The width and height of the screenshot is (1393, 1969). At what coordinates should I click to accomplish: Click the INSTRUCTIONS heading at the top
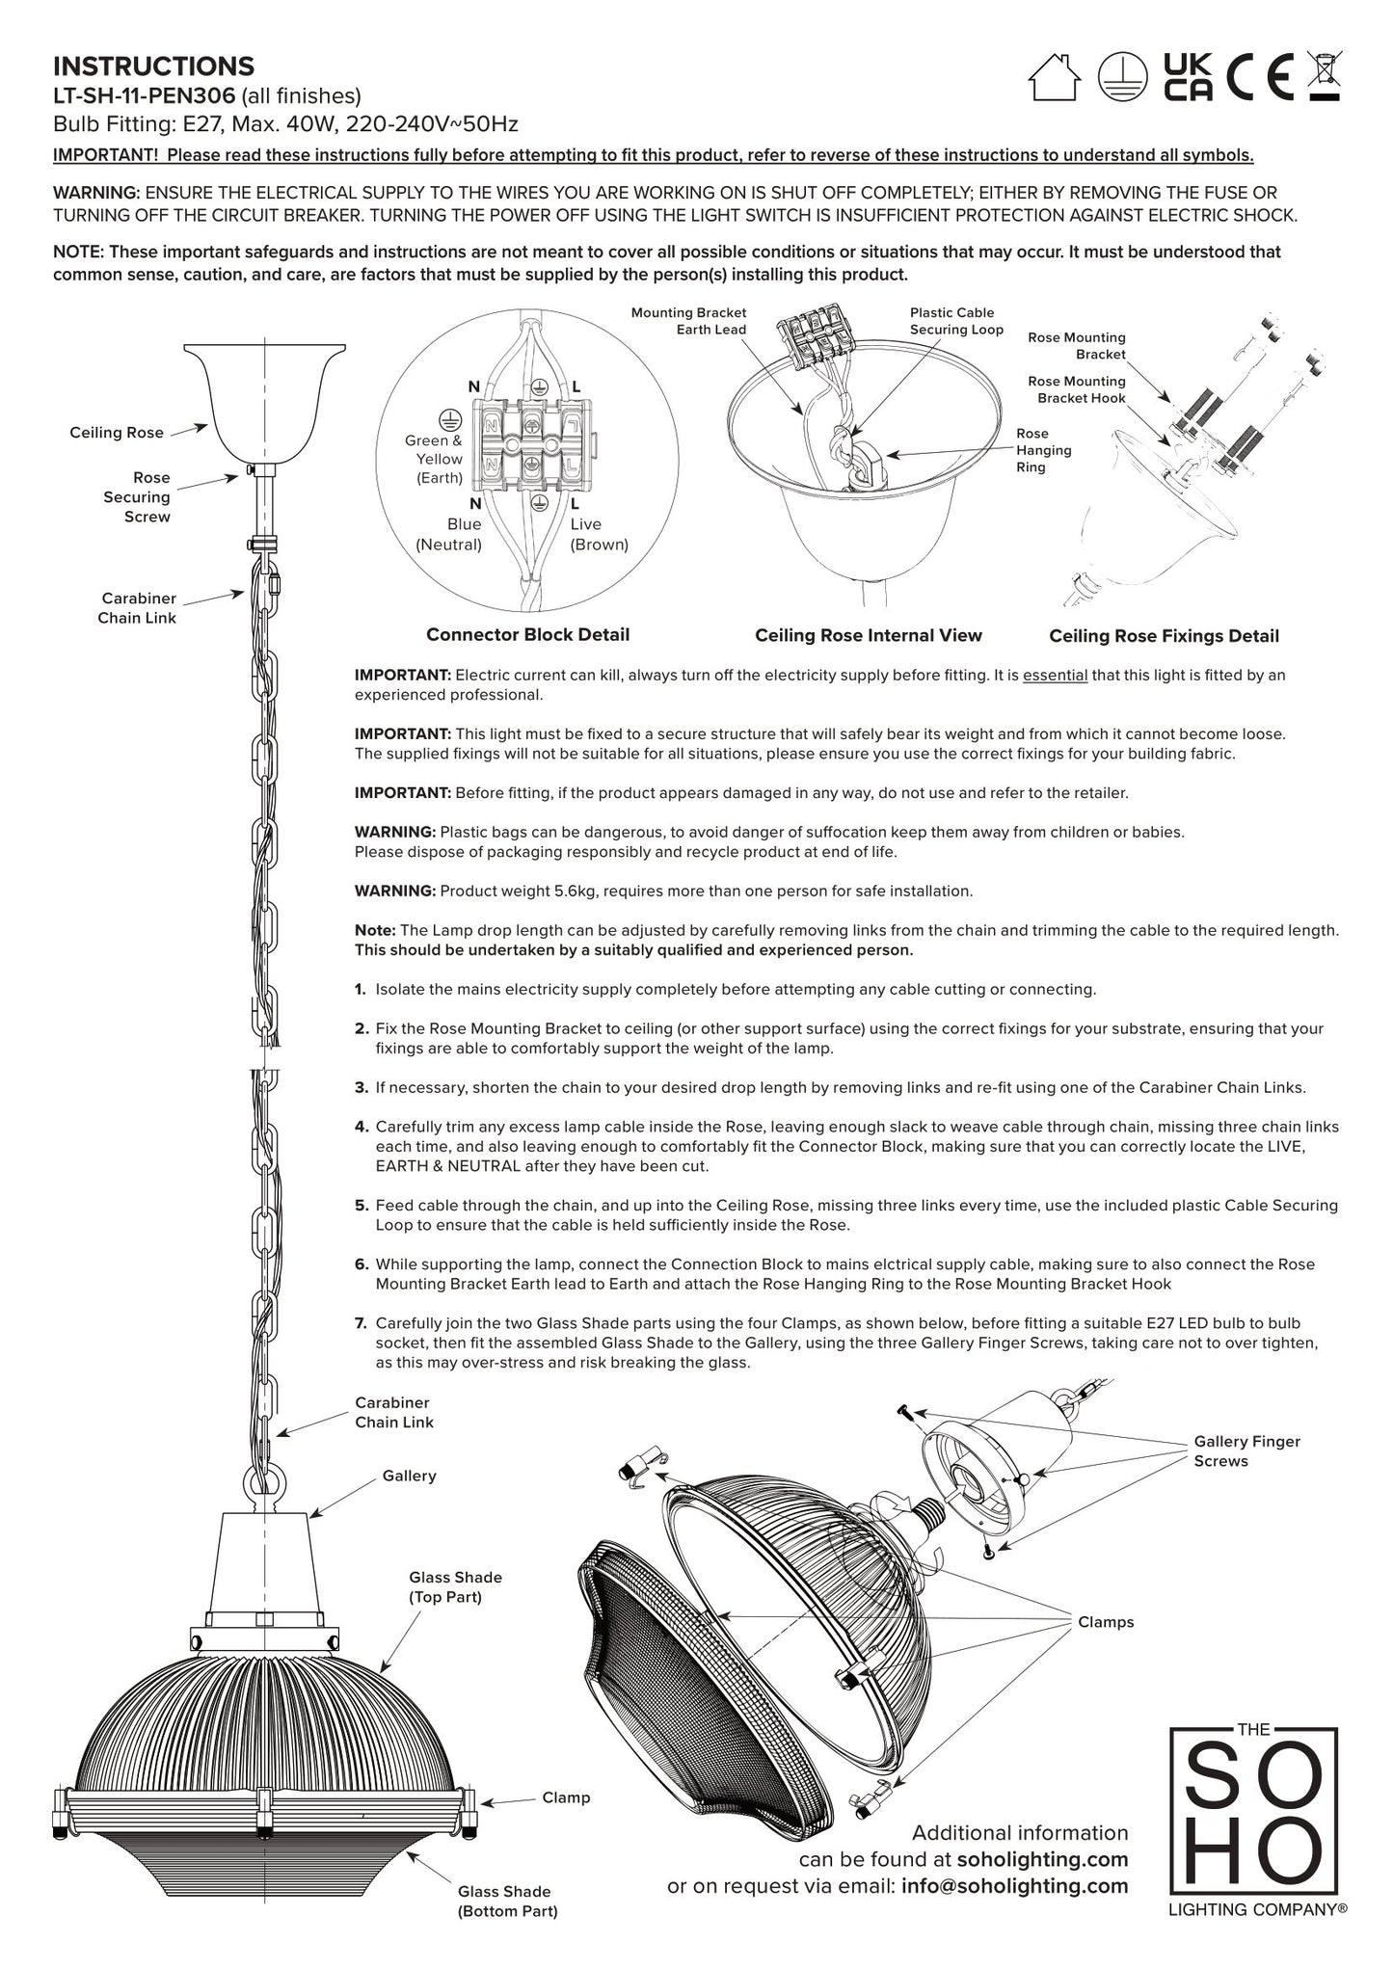(153, 67)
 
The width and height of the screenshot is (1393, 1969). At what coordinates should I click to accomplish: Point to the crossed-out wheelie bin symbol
(1324, 75)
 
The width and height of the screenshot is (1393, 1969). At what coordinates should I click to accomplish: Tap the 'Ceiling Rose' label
(117, 433)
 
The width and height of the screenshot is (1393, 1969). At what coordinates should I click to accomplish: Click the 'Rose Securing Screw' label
(137, 497)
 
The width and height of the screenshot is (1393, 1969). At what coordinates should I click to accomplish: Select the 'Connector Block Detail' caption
(527, 634)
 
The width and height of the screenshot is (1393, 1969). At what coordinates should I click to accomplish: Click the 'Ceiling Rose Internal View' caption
(868, 635)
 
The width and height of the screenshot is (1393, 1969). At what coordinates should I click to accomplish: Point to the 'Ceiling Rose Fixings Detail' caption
(1164, 636)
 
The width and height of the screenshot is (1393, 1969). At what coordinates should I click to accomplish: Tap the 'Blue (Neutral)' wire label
(449, 535)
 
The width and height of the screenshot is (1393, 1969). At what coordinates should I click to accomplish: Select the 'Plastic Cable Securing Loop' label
(955, 321)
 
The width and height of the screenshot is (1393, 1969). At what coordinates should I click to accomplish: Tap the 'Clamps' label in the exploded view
(1106, 1622)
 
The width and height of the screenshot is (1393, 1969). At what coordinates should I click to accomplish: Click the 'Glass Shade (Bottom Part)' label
(507, 1902)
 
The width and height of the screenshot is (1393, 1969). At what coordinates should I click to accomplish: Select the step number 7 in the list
(361, 1323)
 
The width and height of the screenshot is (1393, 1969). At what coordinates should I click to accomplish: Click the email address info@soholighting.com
(1014, 1886)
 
